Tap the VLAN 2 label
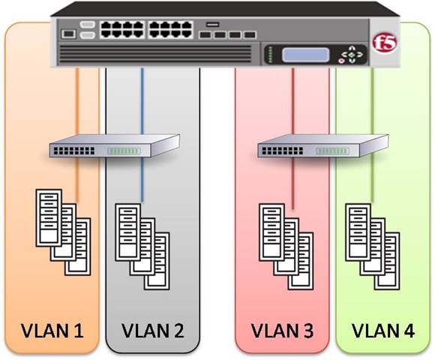tap(152, 329)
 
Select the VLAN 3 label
tap(282, 329)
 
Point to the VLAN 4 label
tap(382, 329)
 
